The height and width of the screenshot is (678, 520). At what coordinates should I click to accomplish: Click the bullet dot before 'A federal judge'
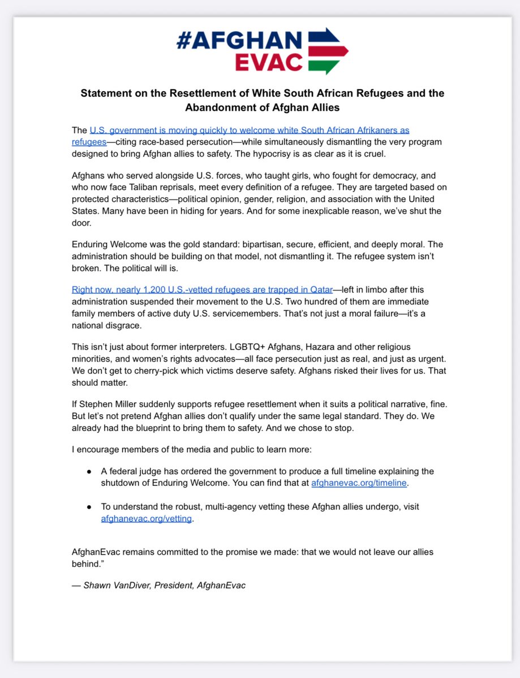click(89, 471)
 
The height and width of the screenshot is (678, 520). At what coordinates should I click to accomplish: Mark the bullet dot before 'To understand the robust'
click(89, 507)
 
